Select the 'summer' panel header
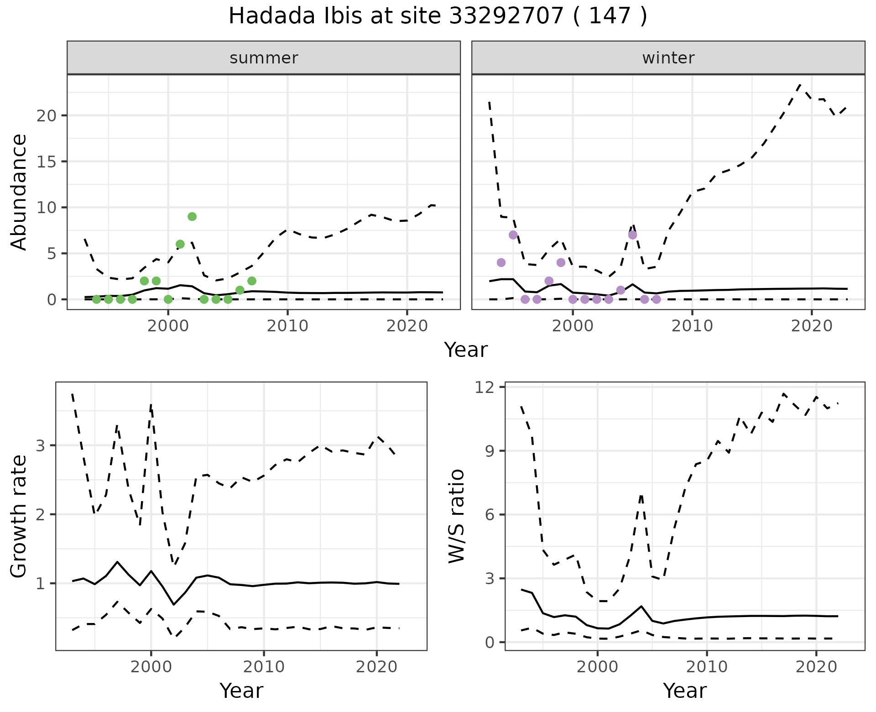tap(264, 58)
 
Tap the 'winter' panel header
tap(668, 58)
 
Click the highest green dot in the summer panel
tap(192, 216)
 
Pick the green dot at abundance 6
tap(180, 244)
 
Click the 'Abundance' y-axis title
tap(19, 192)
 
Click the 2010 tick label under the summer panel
tap(287, 326)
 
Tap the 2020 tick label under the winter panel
tap(812, 326)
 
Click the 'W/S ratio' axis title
tap(457, 516)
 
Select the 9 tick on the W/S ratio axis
tap(493, 451)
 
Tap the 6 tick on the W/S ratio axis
tap(493, 515)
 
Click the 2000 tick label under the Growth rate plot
tap(151, 667)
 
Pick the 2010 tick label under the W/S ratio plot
tap(707, 667)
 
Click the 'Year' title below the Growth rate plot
tap(241, 691)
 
